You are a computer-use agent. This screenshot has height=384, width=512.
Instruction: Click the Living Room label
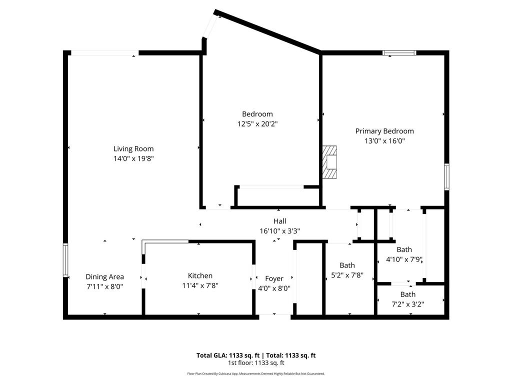133,148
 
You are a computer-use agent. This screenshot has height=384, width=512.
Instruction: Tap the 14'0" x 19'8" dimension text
133,158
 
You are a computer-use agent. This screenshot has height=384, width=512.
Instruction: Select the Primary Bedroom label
384,131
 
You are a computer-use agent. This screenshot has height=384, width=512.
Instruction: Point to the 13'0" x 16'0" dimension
384,141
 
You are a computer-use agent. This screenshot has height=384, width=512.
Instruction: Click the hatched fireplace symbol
330,162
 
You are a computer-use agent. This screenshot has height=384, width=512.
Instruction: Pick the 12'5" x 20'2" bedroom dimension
257,123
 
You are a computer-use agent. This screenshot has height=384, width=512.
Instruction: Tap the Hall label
279,221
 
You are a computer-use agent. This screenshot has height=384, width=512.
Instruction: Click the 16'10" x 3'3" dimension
279,231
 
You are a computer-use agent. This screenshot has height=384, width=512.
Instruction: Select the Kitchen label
200,275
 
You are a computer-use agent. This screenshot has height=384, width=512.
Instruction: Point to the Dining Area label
104,276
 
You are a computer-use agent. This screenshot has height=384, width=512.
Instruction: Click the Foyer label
274,278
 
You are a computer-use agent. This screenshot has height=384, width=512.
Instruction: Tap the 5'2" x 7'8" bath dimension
347,275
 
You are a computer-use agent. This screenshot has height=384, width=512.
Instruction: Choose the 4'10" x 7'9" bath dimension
404,259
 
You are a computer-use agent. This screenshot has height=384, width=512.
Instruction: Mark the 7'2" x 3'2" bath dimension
407,304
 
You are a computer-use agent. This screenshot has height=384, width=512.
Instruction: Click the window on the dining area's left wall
65,259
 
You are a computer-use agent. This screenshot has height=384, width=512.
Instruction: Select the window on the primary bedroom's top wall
399,52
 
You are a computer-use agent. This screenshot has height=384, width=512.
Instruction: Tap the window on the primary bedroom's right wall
446,176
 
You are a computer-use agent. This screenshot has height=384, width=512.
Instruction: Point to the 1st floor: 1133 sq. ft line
256,363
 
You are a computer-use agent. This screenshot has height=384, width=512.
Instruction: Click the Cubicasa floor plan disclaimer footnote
256,373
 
